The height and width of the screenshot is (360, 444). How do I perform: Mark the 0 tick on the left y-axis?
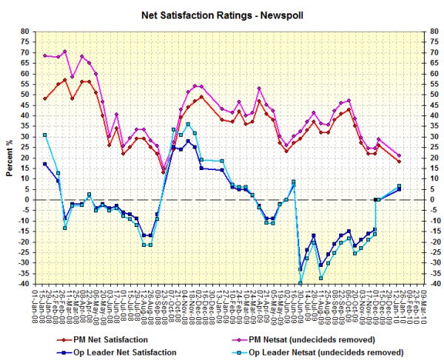coord(25,200)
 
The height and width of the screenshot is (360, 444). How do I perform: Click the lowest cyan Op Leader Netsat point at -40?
coord(300,283)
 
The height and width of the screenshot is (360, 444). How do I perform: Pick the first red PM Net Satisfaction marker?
coord(45,98)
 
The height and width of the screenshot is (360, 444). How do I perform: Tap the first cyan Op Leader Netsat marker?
coord(45,135)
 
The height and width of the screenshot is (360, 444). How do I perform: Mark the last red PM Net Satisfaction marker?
coord(399,161)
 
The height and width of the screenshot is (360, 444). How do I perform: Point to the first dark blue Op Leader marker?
coord(45,163)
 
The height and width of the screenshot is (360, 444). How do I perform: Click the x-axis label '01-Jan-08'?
coord(34,306)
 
